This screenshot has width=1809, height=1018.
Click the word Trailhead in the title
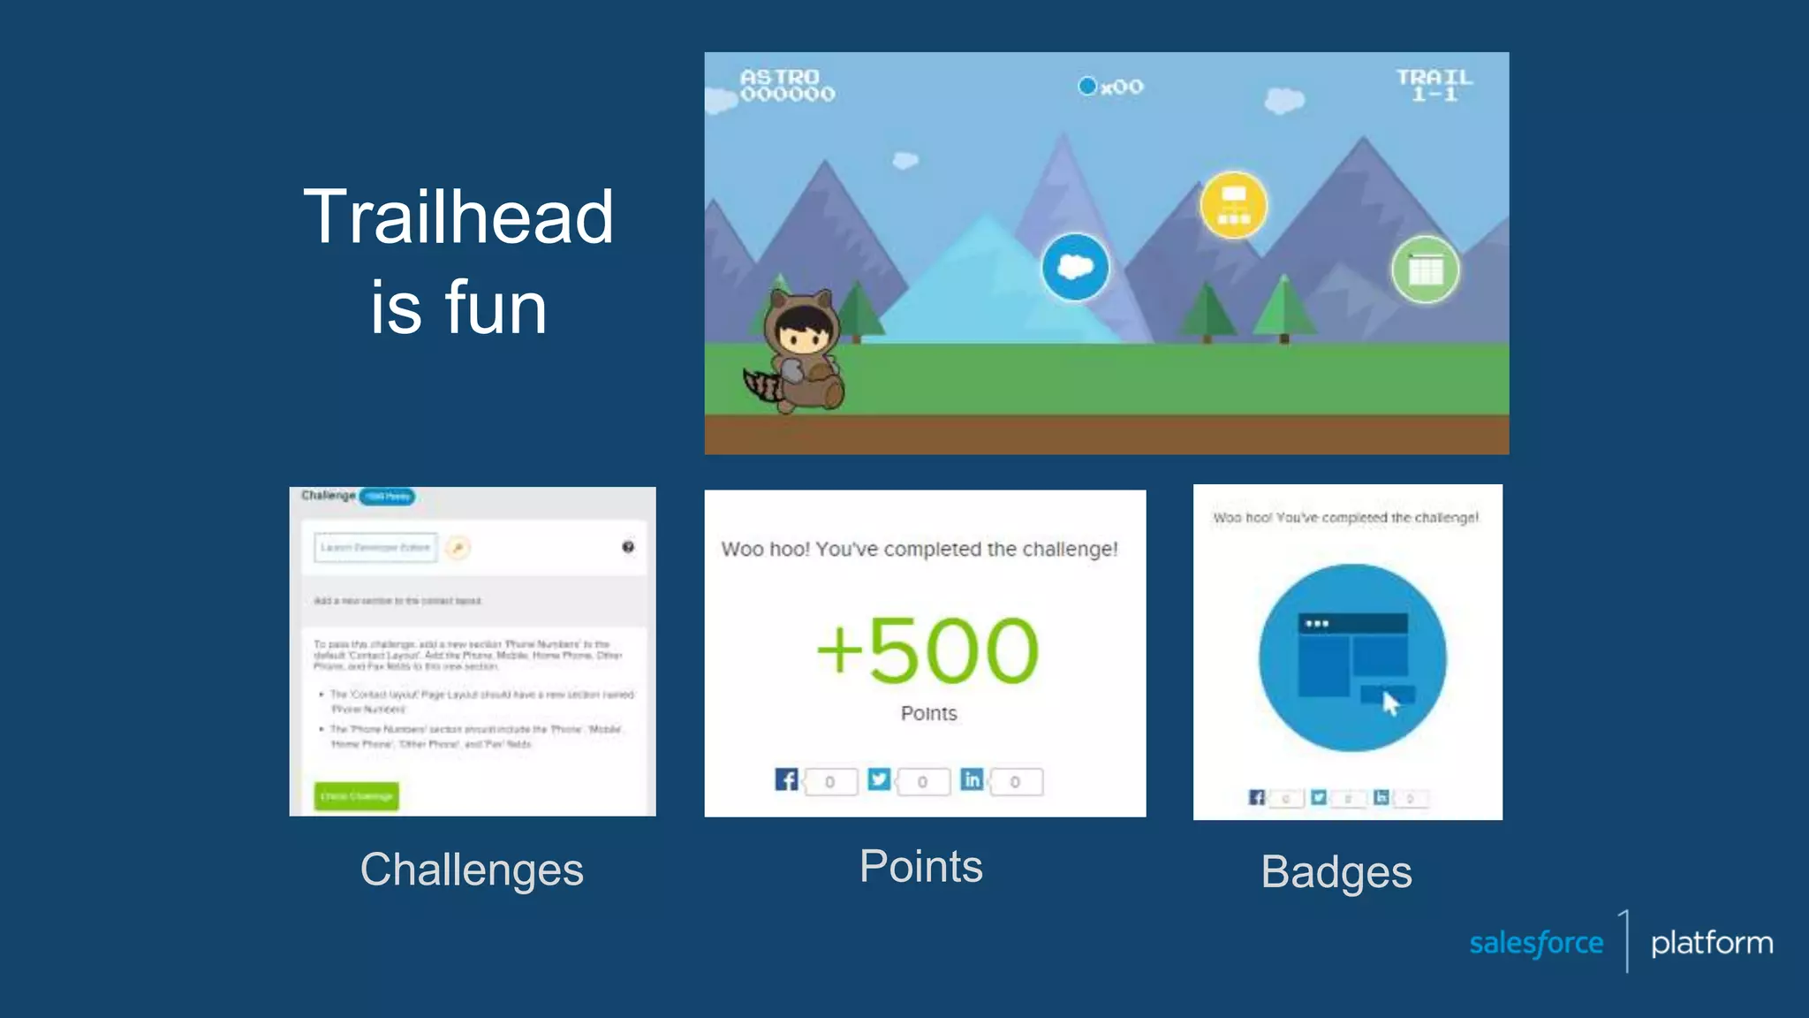[458, 217]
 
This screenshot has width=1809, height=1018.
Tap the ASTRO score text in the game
[786, 85]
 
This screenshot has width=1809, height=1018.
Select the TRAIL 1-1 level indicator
[1434, 85]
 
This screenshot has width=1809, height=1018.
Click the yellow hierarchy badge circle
[1233, 205]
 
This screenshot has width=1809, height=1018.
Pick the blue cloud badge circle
[1074, 267]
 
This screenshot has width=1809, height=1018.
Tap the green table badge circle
[1425, 270]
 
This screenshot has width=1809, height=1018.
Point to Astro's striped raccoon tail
[762, 385]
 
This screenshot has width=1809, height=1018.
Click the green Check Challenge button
[357, 796]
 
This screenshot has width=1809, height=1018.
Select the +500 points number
[927, 651]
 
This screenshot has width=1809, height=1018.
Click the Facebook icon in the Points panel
[786, 779]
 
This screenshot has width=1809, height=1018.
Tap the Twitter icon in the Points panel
[879, 779]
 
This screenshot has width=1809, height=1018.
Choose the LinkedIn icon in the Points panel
[972, 779]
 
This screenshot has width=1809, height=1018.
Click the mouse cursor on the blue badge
[1390, 704]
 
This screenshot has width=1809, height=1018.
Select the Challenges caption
[472, 870]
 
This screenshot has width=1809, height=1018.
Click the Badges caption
[1336, 872]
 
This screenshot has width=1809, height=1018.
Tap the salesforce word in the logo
[1536, 943]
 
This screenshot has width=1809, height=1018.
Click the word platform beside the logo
[1711, 943]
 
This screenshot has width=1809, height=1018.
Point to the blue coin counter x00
[1111, 87]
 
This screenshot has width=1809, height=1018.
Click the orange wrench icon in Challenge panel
[458, 548]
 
